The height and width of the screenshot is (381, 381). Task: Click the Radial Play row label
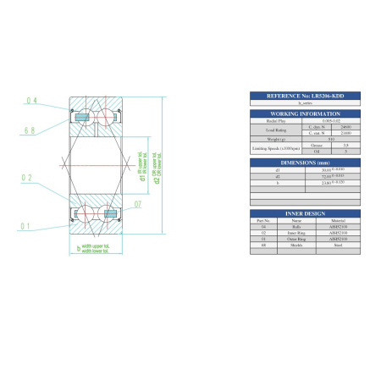272,121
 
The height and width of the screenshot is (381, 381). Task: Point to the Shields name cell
296,246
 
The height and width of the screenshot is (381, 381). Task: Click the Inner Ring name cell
296,233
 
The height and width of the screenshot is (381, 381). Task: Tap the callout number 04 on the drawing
32,101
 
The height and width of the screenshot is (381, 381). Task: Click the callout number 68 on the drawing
32,130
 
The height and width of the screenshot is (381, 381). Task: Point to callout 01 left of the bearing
27,226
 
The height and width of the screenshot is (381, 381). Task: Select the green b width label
79,249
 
